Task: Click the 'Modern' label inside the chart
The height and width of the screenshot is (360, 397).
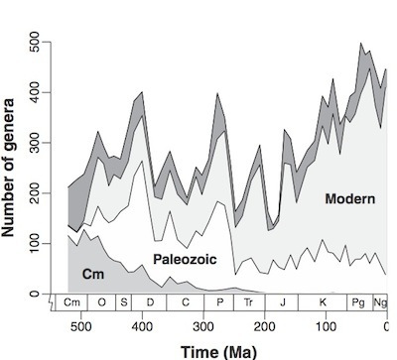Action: point(349,199)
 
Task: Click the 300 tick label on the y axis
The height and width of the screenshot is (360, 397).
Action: point(37,142)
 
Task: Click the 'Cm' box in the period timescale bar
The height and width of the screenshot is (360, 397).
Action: point(72,301)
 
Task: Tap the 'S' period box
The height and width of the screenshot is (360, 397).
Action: point(125,301)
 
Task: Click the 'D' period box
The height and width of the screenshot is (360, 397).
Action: point(149,301)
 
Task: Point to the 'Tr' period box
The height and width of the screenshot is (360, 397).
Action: point(249,301)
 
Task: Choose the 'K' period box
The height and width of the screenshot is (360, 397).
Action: point(324,301)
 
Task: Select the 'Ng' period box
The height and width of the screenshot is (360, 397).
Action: point(379,301)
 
